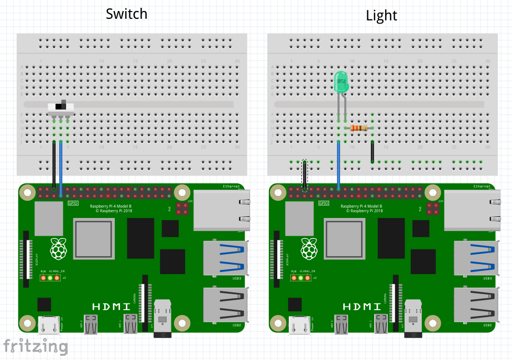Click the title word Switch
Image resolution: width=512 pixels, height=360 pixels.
click(x=126, y=14)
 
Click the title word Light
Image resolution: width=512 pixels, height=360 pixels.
click(x=382, y=16)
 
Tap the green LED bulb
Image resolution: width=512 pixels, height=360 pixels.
click(x=341, y=82)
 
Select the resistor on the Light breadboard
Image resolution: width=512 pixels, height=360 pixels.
click(x=359, y=128)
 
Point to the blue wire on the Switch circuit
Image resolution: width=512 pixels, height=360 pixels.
click(x=61, y=168)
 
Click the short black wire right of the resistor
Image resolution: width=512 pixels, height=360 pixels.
click(x=372, y=151)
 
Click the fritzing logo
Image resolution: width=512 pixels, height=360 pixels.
click(x=36, y=346)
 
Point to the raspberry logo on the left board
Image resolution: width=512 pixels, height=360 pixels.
click(x=59, y=248)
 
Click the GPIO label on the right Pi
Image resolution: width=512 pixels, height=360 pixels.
click(x=324, y=203)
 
